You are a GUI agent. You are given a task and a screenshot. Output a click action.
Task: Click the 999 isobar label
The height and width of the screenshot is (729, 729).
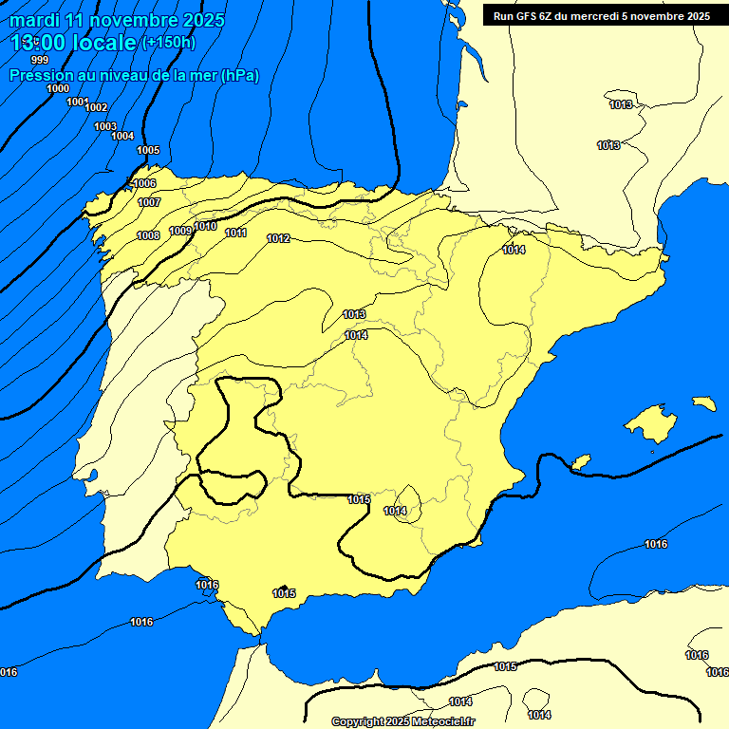[x=39, y=60]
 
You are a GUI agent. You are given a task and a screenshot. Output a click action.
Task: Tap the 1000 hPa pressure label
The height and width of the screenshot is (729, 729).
[x=58, y=88]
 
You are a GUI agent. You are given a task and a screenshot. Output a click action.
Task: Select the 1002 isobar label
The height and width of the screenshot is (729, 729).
[x=96, y=107]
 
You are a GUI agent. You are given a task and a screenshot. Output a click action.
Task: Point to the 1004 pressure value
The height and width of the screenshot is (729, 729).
[x=122, y=136]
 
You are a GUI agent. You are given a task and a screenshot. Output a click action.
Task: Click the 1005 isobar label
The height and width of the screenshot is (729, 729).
[x=148, y=150]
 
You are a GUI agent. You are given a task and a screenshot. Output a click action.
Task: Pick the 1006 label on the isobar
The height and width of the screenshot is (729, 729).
[x=144, y=183]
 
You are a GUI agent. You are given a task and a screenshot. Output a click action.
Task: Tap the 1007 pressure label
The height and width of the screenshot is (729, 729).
[x=149, y=202]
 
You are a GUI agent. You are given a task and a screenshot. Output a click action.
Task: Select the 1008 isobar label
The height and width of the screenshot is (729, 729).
[x=148, y=235]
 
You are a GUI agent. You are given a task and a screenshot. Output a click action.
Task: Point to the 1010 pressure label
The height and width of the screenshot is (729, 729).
[x=205, y=226]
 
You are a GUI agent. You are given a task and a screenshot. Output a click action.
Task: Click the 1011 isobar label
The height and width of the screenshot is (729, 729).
[x=236, y=233]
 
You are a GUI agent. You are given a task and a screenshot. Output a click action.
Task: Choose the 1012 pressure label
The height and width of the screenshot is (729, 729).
[x=278, y=238]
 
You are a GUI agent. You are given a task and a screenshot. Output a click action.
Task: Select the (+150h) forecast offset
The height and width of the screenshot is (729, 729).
[x=168, y=42]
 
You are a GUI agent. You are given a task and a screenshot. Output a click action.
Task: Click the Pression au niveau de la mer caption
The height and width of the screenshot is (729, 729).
[x=133, y=75]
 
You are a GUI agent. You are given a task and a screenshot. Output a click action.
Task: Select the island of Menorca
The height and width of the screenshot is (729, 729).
[x=703, y=403]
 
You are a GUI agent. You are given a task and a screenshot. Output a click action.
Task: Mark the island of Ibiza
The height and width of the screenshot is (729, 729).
[x=578, y=462]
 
